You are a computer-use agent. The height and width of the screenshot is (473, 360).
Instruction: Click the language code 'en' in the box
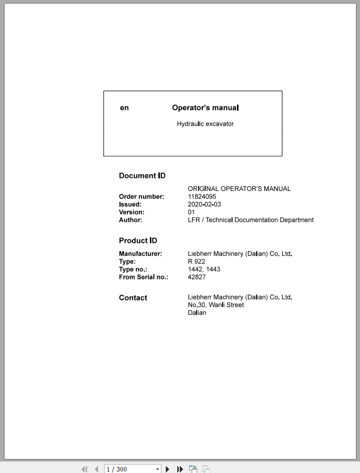[x=124, y=108]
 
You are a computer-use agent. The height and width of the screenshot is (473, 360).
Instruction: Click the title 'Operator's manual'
[x=205, y=108]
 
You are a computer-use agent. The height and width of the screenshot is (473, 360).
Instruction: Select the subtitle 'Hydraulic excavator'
[x=205, y=124]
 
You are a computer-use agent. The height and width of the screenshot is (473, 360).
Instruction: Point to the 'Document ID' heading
[x=142, y=175]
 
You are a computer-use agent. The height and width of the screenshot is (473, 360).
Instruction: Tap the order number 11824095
[x=202, y=196]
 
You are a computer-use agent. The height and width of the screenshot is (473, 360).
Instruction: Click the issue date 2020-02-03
[x=204, y=204]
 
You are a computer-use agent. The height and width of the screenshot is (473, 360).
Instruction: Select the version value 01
[x=191, y=212]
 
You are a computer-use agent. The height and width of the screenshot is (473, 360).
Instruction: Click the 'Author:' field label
[x=130, y=220]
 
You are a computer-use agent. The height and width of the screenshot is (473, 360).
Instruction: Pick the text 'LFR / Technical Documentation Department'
[x=250, y=220]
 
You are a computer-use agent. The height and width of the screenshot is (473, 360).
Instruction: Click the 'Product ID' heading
[x=138, y=241]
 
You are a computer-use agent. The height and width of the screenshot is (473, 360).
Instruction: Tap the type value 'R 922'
[x=196, y=261]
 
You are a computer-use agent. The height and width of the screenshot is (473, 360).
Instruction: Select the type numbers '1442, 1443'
[x=204, y=269]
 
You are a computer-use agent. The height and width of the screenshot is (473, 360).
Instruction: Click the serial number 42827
[x=197, y=277]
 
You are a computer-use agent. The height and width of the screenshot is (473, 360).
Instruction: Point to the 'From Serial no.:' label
[x=143, y=277]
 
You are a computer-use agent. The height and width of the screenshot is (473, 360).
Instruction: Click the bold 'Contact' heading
[x=133, y=298]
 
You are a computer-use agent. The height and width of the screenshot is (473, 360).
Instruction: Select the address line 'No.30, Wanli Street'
[x=216, y=305]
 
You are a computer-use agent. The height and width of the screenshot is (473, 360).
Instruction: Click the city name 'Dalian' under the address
[x=197, y=313]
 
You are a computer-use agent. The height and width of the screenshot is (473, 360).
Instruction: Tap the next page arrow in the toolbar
[x=168, y=469]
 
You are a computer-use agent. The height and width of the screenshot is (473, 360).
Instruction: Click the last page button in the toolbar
[x=180, y=469]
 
